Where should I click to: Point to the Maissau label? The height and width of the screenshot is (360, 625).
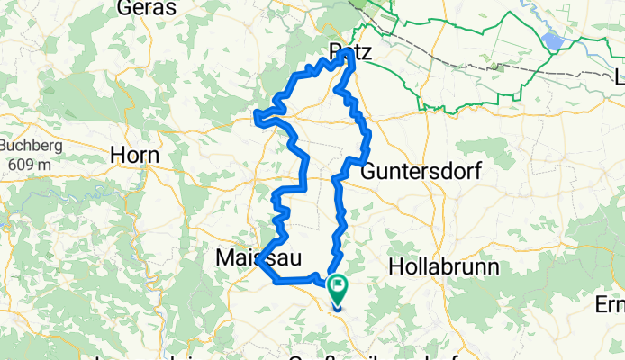[251, 259]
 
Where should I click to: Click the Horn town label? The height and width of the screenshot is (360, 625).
[134, 155]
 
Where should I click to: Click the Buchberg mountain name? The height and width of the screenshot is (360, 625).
[27, 147]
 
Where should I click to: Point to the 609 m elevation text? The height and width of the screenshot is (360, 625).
[27, 165]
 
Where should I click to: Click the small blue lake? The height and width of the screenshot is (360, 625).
[553, 41]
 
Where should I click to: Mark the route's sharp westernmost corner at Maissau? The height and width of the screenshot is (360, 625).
[258, 264]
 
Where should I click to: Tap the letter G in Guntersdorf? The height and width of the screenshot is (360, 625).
[369, 170]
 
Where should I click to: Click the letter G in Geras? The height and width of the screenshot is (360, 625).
[125, 8]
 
